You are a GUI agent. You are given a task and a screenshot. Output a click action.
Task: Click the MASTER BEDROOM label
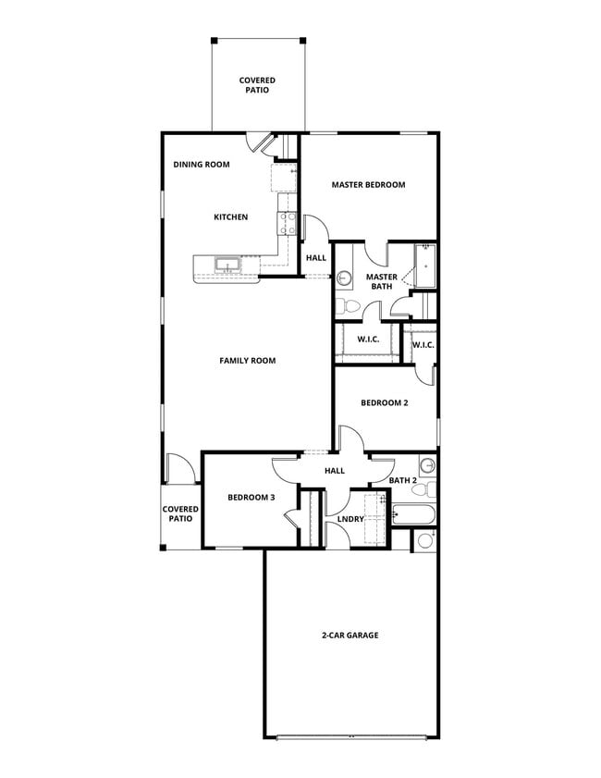(368, 185)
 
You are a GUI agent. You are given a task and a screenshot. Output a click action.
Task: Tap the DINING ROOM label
(202, 165)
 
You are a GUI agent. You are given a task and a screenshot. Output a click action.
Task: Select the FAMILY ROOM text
(247, 361)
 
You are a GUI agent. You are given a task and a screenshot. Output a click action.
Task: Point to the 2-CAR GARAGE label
(350, 636)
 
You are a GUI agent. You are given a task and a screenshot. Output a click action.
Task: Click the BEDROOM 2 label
(384, 403)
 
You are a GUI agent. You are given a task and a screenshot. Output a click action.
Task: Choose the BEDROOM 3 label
(251, 498)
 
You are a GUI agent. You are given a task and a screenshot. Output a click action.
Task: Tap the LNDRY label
(350, 519)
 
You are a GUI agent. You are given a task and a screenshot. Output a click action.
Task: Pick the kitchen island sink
(227, 266)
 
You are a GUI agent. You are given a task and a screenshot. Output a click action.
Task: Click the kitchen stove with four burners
(287, 222)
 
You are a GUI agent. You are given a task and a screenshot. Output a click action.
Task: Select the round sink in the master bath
(343, 277)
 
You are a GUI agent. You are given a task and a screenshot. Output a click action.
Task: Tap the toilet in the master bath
(342, 306)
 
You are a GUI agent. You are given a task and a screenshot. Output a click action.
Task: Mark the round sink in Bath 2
(427, 464)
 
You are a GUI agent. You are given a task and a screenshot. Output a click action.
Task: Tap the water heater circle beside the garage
(424, 540)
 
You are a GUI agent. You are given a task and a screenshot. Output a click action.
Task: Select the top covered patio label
(257, 86)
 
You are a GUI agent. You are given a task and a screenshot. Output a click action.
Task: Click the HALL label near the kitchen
(316, 258)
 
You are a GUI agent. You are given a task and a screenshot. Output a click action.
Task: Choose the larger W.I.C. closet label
(368, 340)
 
